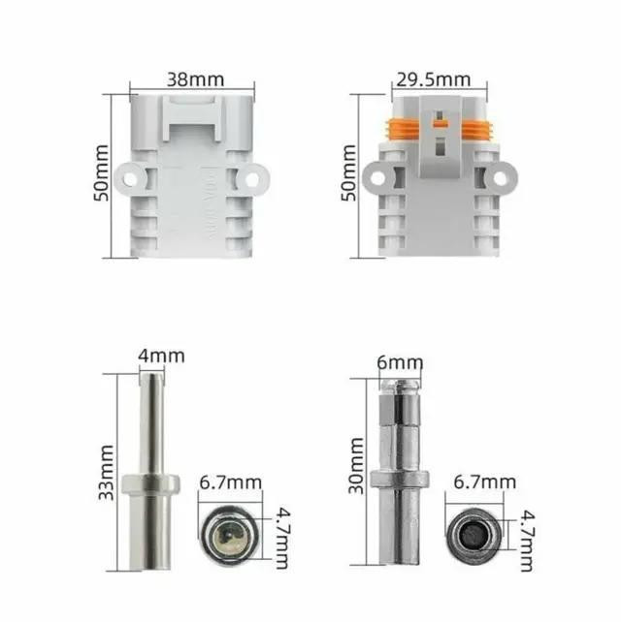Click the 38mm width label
click(195, 79)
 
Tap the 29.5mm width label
click(433, 79)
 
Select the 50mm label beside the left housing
click(101, 173)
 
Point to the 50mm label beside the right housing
click(349, 173)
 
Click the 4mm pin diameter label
click(161, 356)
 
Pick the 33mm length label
click(106, 473)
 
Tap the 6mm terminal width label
click(400, 362)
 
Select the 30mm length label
click(355, 466)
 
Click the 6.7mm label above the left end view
click(230, 482)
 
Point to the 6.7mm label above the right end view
click(485, 482)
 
